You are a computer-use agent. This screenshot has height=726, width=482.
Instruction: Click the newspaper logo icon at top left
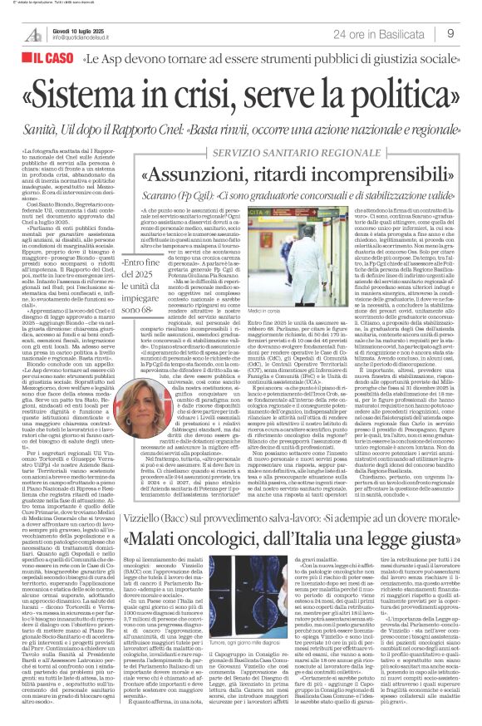[x=34, y=33]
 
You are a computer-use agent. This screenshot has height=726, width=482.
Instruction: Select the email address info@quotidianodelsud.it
[x=85, y=37]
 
